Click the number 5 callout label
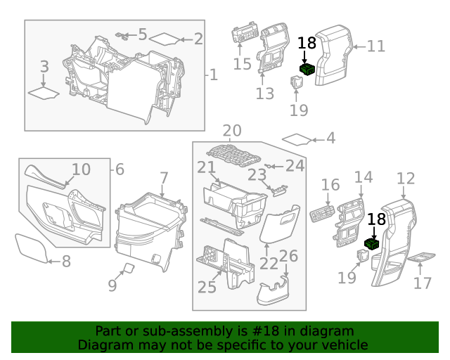[x=143, y=34]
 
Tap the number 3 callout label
[x=44, y=67]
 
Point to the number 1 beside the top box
[x=214, y=75]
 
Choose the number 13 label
[x=265, y=94]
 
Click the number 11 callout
[x=376, y=46]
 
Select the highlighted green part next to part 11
[x=307, y=68]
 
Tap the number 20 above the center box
[x=232, y=131]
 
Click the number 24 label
[x=295, y=166]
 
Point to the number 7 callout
[x=163, y=179]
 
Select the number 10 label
[x=81, y=169]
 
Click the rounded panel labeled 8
[x=31, y=248]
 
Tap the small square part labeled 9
[x=129, y=267]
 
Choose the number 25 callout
[x=207, y=286]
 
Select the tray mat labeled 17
[x=422, y=258]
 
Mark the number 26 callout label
[x=289, y=257]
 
